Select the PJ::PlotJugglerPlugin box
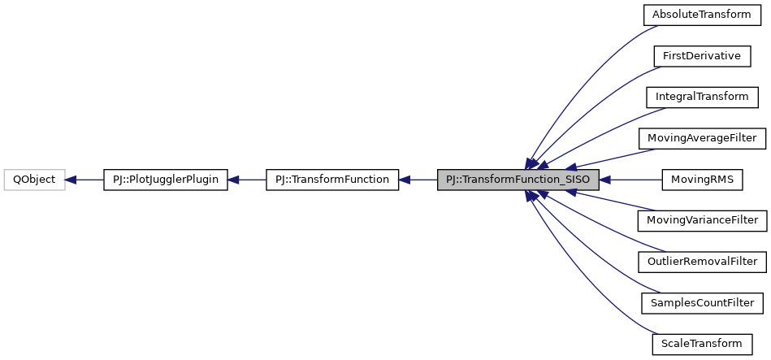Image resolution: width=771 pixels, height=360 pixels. point(166,180)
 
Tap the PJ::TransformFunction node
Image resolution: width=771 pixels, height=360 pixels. point(332,180)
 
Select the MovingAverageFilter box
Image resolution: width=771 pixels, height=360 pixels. point(702,138)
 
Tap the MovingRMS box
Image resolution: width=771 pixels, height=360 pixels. point(702,180)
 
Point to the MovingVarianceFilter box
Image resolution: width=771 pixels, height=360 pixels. point(702,220)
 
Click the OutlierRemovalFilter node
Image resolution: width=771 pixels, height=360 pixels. point(702,262)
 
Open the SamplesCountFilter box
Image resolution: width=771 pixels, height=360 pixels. point(702,303)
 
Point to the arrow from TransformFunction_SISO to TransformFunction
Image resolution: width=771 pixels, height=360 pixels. point(418,180)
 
